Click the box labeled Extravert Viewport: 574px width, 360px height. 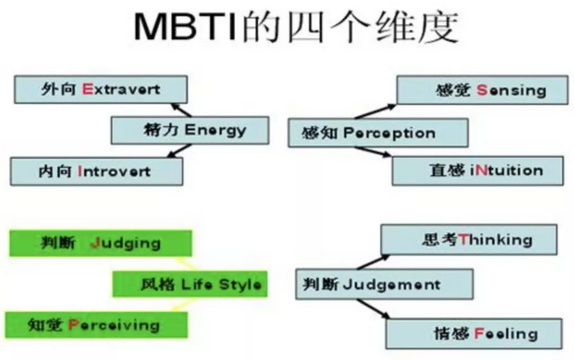pos(101,89)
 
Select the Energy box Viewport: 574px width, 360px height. pos(190,130)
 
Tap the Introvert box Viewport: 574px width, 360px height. pos(96,172)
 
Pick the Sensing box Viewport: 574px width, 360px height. pos(482,90)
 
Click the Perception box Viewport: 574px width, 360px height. pos(379,132)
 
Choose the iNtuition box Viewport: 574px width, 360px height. pos(478,171)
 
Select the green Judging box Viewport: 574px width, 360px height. pos(101,243)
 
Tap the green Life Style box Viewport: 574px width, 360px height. pos(190,284)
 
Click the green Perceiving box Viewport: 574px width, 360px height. pos(96,325)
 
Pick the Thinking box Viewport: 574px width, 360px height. pos(469,239)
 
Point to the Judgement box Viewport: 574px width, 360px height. pos(385,284)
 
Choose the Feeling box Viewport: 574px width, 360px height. pos(474,333)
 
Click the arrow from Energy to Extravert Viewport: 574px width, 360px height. pos(181,110)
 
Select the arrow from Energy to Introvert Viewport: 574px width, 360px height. pos(179,150)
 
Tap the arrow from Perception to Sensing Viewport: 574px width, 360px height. pos(376,112)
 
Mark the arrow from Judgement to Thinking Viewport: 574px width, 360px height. pos(373,262)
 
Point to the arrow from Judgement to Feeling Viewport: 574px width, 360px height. pos(373,309)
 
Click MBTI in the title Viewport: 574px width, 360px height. pos(186,27)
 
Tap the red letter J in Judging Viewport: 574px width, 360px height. pos(96,243)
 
